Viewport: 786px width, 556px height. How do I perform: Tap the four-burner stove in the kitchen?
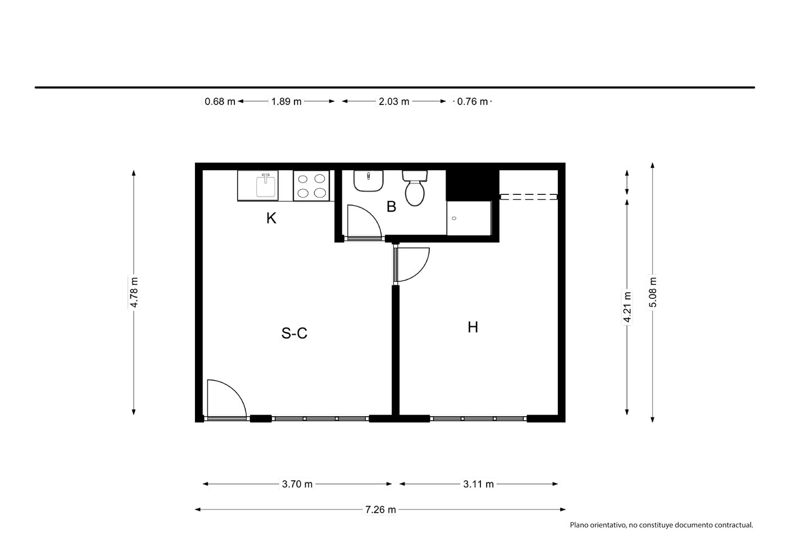point(311,186)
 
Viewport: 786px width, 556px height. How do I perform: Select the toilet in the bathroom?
point(415,188)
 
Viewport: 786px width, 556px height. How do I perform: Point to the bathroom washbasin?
point(368,181)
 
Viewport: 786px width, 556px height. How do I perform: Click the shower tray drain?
point(454,218)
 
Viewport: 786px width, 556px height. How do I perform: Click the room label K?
point(271,218)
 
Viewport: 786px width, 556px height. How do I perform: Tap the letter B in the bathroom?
point(391,207)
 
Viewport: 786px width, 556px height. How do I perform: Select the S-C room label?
point(294,333)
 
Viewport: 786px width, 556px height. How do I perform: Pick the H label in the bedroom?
point(472,327)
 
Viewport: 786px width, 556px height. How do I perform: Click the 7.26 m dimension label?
point(380,509)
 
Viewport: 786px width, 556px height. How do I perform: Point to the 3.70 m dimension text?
point(297,484)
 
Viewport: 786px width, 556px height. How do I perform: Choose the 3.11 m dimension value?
point(478,484)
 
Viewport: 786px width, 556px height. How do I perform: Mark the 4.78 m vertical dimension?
point(134,292)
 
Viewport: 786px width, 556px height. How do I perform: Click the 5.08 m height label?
point(652,292)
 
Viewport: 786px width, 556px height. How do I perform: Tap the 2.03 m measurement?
point(394,102)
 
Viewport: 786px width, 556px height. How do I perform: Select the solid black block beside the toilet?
point(472,185)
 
